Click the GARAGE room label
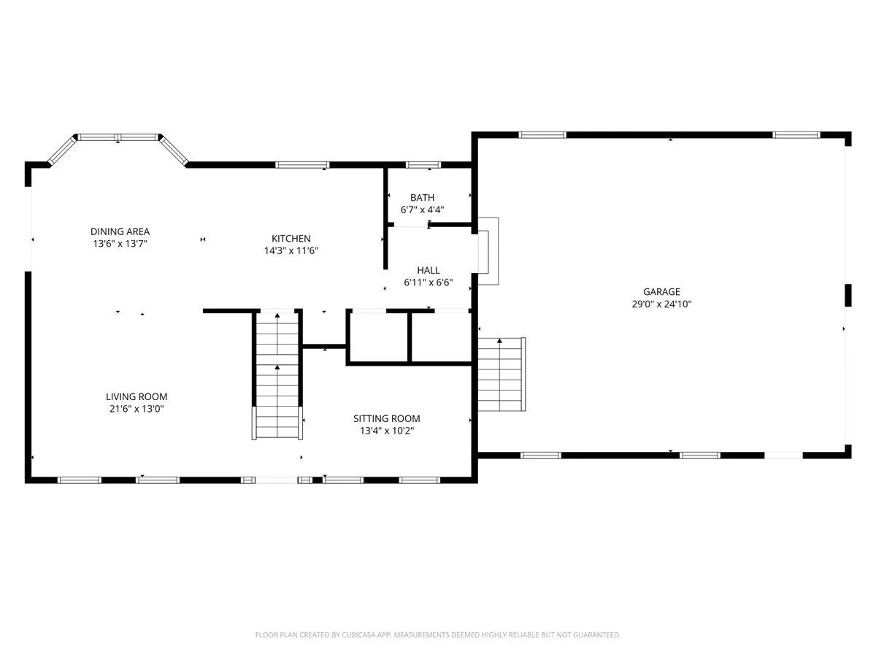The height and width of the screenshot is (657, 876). point(661,291)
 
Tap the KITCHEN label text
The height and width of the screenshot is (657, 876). point(291,239)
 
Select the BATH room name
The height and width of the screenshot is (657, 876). point(422,197)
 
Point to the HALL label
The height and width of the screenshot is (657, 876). point(429,270)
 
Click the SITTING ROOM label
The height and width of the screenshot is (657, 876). point(387,418)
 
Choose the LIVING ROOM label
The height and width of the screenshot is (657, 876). point(137,396)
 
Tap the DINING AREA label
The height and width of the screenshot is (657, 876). point(120,231)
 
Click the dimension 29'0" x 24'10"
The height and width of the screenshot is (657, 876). point(661,304)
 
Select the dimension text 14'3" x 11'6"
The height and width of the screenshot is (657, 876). point(291,250)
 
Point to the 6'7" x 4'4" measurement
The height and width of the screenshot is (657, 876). point(422,210)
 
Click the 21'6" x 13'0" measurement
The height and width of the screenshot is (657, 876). point(137,409)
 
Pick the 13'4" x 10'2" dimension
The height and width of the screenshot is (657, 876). point(387,431)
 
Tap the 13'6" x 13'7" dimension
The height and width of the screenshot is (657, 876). point(120,243)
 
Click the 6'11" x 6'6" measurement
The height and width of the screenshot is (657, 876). point(429,283)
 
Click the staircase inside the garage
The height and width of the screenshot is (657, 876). point(502,374)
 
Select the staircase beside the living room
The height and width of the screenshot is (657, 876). point(277,375)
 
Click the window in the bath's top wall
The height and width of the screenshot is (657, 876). point(423,165)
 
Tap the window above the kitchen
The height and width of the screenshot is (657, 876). point(302,165)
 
